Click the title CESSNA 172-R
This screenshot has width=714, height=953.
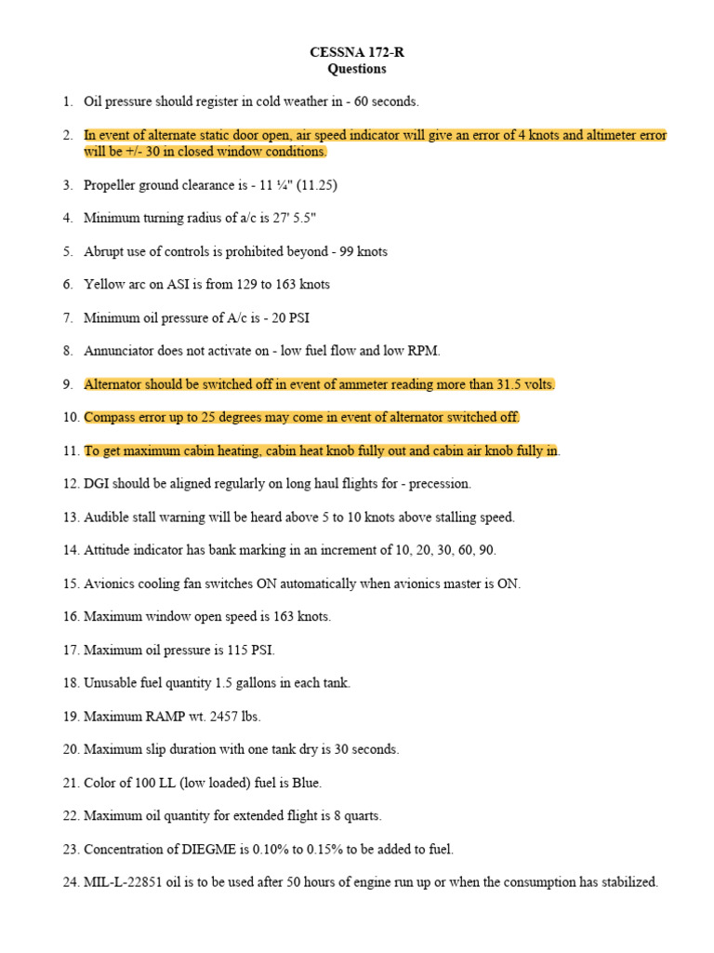point(357,53)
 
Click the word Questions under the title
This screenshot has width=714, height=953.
point(357,69)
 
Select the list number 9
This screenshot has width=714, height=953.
point(68,384)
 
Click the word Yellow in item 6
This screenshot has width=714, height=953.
point(102,284)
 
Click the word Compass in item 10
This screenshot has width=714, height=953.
point(110,417)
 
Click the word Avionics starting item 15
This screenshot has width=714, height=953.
point(109,584)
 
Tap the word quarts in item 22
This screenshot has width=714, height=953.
point(362,816)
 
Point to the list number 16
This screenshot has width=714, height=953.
point(71,617)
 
